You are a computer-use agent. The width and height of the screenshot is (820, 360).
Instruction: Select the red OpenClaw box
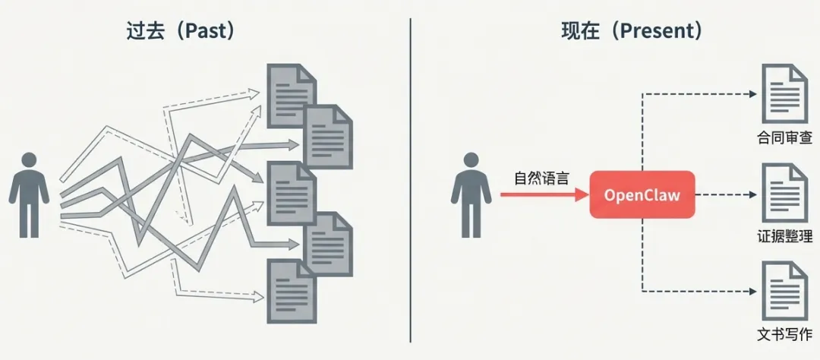click(x=642, y=194)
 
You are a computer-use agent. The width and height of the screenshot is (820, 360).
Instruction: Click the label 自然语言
click(x=541, y=178)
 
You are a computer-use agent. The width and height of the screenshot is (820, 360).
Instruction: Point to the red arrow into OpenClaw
click(x=544, y=194)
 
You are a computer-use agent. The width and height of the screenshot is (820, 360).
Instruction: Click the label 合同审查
click(x=784, y=138)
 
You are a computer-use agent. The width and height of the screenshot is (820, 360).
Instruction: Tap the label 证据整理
click(x=784, y=236)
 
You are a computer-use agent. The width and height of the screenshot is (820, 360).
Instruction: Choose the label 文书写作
click(x=784, y=334)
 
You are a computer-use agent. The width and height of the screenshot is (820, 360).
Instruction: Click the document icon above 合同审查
click(x=785, y=94)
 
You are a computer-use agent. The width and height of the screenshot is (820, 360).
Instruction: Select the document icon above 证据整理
click(x=785, y=193)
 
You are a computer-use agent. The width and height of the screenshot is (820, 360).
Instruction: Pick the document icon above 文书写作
click(x=785, y=291)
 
